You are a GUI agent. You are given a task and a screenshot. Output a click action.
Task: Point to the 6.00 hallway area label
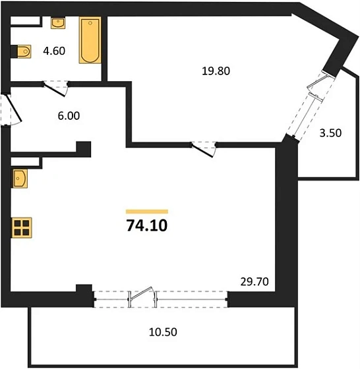[x=68, y=115]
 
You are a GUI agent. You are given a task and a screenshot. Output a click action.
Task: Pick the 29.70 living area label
[x=253, y=281]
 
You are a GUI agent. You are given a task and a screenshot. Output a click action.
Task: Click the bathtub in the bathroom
[x=89, y=41]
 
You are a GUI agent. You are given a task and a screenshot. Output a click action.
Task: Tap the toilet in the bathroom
[x=22, y=50]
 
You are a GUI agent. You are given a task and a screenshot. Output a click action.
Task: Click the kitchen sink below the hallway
[x=18, y=178]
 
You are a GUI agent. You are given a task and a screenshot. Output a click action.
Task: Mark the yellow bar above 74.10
[x=146, y=212]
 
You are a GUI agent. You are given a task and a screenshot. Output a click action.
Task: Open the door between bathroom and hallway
[x=53, y=85]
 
